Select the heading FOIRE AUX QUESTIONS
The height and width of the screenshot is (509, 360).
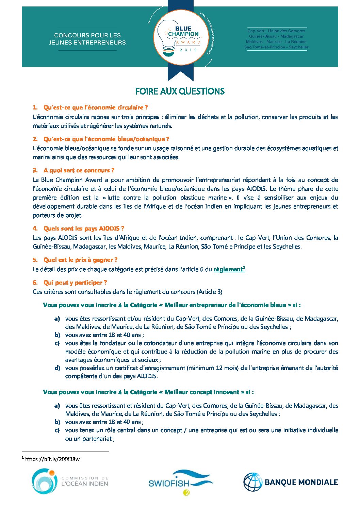point(180,91)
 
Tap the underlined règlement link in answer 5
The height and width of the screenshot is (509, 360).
point(228,269)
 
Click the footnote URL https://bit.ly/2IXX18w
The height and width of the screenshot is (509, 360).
point(52,459)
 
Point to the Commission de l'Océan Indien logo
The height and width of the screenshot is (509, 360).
point(70,481)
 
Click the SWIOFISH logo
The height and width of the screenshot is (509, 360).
point(180,482)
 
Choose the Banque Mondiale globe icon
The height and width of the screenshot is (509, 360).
point(252,482)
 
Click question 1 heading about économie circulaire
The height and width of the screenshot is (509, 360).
point(95,107)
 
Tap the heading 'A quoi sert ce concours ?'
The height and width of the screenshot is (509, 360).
point(79,170)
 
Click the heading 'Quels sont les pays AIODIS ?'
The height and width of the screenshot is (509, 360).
point(84,228)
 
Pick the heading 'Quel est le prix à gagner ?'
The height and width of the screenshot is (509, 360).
point(80,260)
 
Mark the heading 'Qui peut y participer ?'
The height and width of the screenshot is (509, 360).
point(75,283)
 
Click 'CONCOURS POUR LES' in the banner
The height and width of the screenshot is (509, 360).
point(87,35)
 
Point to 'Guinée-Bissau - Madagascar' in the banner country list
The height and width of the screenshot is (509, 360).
point(276,36)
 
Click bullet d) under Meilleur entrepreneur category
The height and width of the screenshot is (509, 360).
point(57,368)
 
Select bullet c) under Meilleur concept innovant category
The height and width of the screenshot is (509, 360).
point(57,430)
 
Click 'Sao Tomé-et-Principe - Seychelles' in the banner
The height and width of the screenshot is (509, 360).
point(276,47)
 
